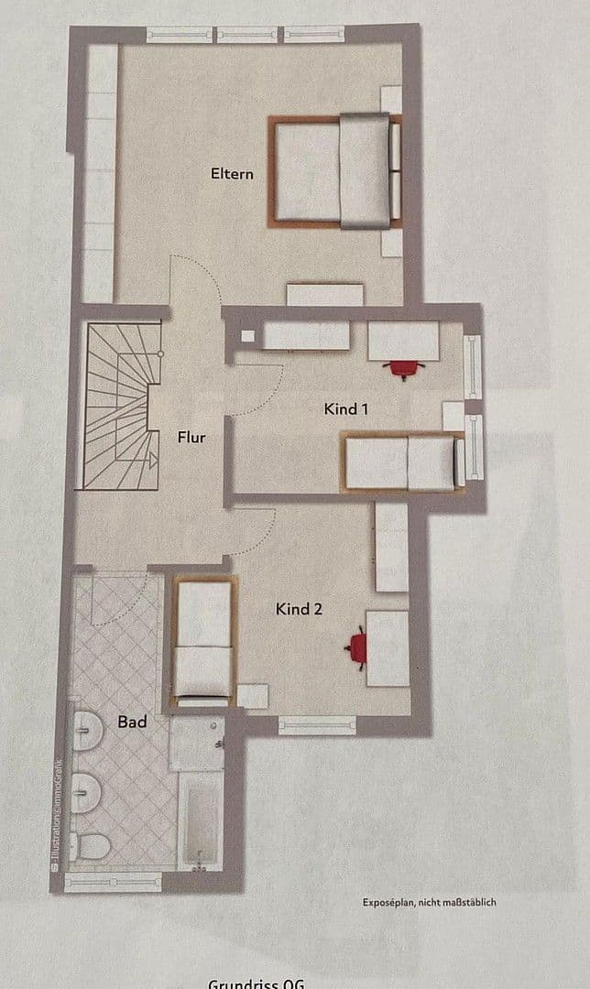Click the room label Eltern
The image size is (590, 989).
(x=231, y=172)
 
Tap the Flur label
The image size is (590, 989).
(x=191, y=437)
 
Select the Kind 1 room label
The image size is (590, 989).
(x=346, y=408)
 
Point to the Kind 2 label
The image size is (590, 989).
(x=299, y=608)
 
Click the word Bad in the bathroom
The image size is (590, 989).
(x=132, y=722)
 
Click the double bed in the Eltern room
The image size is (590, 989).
(x=335, y=170)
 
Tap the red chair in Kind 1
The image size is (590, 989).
(x=403, y=368)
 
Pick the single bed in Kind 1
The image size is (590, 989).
(x=401, y=462)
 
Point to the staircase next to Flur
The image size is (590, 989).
(x=116, y=408)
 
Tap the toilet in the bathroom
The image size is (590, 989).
(x=93, y=845)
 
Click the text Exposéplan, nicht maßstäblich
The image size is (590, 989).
(x=429, y=902)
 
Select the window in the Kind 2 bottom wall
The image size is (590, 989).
(x=316, y=724)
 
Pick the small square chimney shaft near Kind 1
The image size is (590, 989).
(x=247, y=335)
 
